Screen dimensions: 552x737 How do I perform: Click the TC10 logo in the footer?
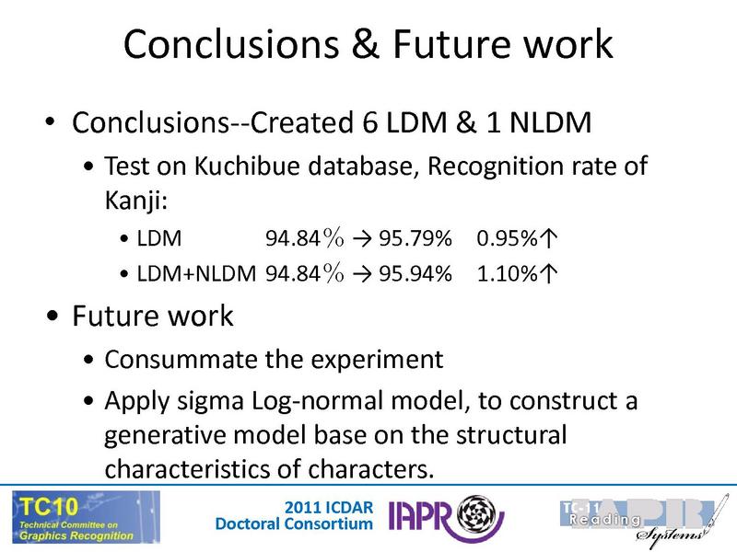tap(85, 517)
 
